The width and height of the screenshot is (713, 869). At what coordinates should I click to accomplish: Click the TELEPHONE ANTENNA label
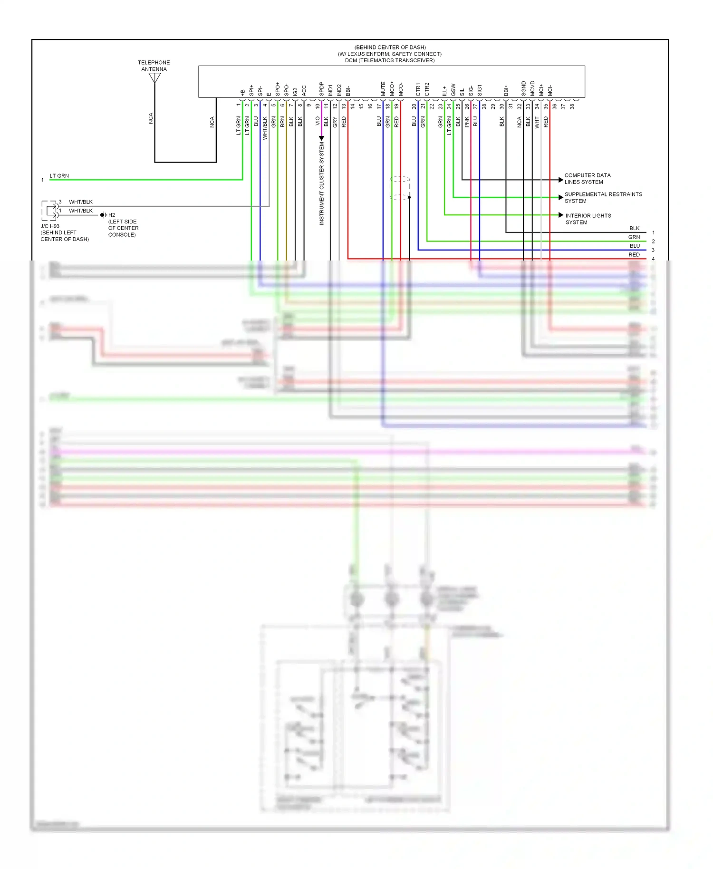pos(154,66)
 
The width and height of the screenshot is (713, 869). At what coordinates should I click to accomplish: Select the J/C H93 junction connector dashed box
pos(49,211)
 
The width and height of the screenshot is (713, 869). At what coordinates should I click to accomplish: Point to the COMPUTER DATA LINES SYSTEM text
pos(587,179)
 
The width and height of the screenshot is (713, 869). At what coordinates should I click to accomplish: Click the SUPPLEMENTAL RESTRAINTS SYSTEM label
pos(603,197)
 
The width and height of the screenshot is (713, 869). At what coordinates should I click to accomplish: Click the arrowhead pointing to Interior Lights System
pos(561,215)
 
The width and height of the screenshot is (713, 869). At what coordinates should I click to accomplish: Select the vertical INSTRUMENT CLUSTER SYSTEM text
pos(322,183)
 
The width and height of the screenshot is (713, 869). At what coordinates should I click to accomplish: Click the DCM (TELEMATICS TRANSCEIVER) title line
pos(390,60)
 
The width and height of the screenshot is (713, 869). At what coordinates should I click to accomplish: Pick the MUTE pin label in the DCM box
pos(383,89)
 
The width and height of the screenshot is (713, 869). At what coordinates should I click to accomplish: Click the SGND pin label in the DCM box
pos(523,88)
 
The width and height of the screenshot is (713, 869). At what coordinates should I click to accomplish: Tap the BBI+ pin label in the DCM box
pos(506,90)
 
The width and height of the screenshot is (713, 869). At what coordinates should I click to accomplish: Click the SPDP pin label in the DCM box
pos(321,89)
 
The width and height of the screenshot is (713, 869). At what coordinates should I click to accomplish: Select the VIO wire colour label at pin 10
pos(318,121)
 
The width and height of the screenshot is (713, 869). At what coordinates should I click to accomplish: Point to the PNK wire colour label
pos(467,122)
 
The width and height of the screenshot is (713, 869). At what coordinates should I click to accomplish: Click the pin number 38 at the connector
pos(572,106)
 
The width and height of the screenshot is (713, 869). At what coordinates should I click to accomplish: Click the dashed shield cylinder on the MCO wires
pos(399,188)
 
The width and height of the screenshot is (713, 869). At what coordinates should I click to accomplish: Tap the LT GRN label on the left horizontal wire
pos(59,176)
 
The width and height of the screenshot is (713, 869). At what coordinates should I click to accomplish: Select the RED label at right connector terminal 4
pos(634,255)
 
